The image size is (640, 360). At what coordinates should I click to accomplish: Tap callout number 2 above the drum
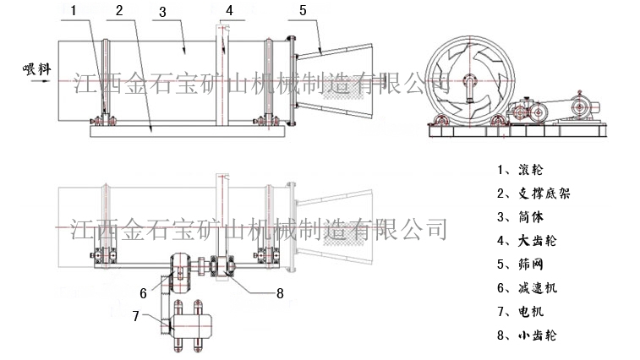[x=120, y=11]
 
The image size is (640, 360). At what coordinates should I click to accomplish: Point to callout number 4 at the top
[x=228, y=11]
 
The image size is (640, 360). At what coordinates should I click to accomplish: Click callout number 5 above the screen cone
[x=303, y=10]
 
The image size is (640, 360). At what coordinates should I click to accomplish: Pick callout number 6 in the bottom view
[x=144, y=293]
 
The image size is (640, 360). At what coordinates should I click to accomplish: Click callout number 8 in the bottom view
[x=281, y=294]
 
